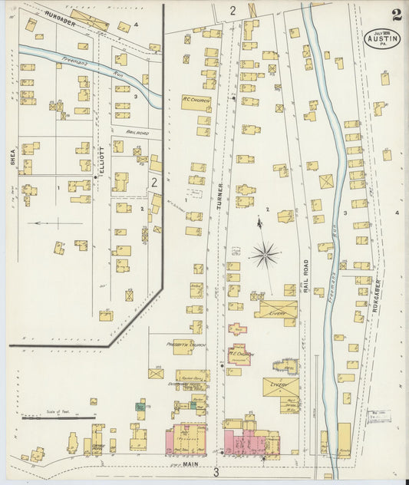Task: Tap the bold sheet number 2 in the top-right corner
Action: (x=395, y=15)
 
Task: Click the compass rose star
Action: (x=266, y=255)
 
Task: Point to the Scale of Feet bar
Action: (x=48, y=417)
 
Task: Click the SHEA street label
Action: (x=13, y=158)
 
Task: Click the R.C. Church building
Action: (x=192, y=101)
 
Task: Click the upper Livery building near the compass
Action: (x=277, y=310)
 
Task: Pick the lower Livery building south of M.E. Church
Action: (x=281, y=387)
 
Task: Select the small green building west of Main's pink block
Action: (x=140, y=406)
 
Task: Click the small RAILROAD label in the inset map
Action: (x=136, y=132)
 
